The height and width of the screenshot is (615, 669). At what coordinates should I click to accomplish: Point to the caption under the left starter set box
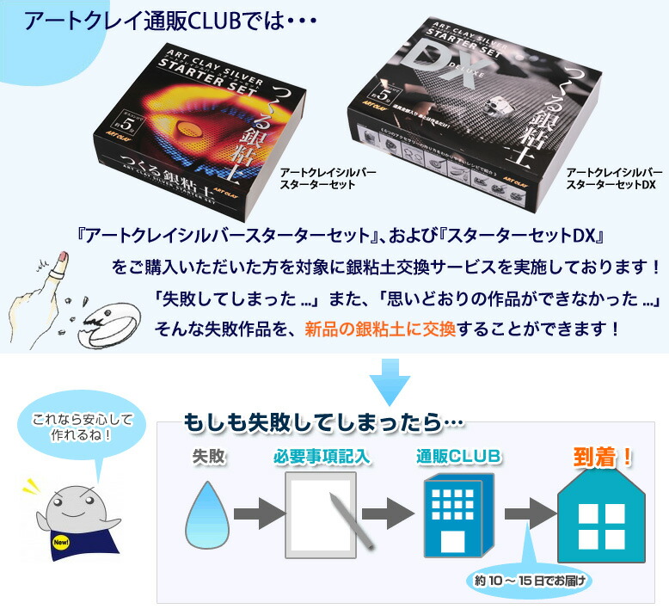(328, 179)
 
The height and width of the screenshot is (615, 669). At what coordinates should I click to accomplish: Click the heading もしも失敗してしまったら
(323, 422)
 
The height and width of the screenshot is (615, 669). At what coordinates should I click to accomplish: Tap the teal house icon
(601, 514)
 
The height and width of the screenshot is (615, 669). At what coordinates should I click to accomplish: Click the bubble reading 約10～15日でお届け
(531, 581)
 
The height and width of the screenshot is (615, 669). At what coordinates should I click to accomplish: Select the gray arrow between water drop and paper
(259, 514)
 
